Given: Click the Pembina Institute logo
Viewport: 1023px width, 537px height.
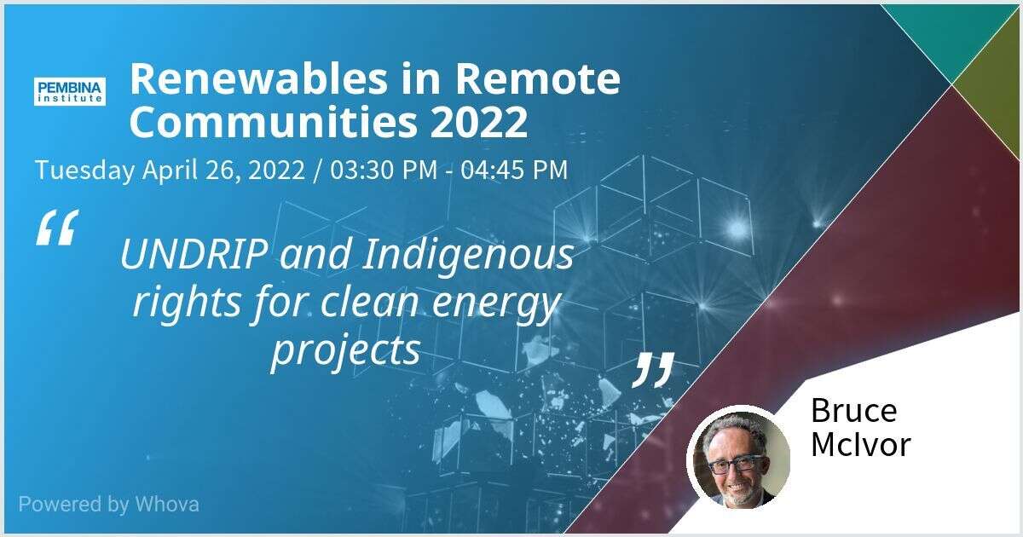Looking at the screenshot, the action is (70, 91).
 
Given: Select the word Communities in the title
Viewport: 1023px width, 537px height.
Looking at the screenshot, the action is (274, 121).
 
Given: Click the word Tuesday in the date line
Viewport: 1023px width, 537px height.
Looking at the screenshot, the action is (85, 170).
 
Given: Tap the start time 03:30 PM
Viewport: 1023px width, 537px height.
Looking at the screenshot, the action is (384, 170).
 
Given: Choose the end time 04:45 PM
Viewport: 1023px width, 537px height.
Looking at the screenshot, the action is (514, 170).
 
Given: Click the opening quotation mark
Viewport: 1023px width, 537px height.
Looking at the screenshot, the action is (57, 228).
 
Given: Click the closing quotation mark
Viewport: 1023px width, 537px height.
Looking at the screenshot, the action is (654, 370).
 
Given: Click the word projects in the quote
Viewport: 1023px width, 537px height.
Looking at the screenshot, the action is (346, 351).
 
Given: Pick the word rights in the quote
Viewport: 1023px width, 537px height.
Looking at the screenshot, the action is (187, 303).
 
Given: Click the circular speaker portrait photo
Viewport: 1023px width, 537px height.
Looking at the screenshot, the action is (739, 458).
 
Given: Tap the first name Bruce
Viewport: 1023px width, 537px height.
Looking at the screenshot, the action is (854, 411).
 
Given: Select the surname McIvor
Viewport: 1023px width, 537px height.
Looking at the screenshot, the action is (861, 444).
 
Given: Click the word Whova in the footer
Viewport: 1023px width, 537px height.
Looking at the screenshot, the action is (167, 504).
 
